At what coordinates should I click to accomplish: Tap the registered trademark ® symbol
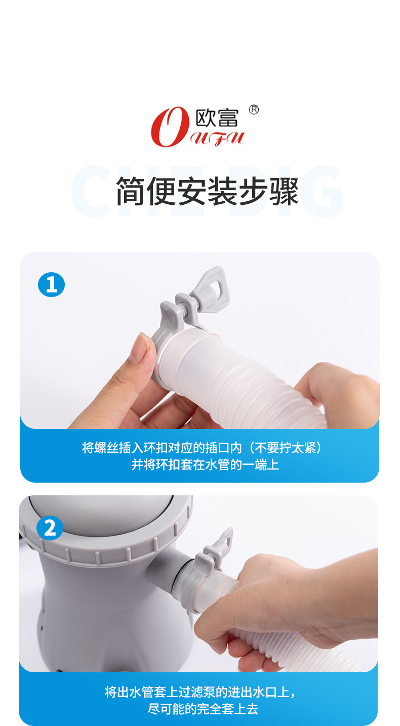pos(254,110)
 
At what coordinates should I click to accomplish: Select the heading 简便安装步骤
pos(208,192)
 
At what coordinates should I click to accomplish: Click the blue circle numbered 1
pos(51,284)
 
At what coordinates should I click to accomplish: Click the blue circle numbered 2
pos(50,528)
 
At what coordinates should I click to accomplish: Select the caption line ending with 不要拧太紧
pos(202,448)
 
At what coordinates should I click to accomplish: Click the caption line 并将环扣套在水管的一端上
pos(205,465)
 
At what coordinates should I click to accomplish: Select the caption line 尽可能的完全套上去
pos(203,709)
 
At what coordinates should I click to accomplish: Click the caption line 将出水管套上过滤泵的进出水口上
pos(200,692)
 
